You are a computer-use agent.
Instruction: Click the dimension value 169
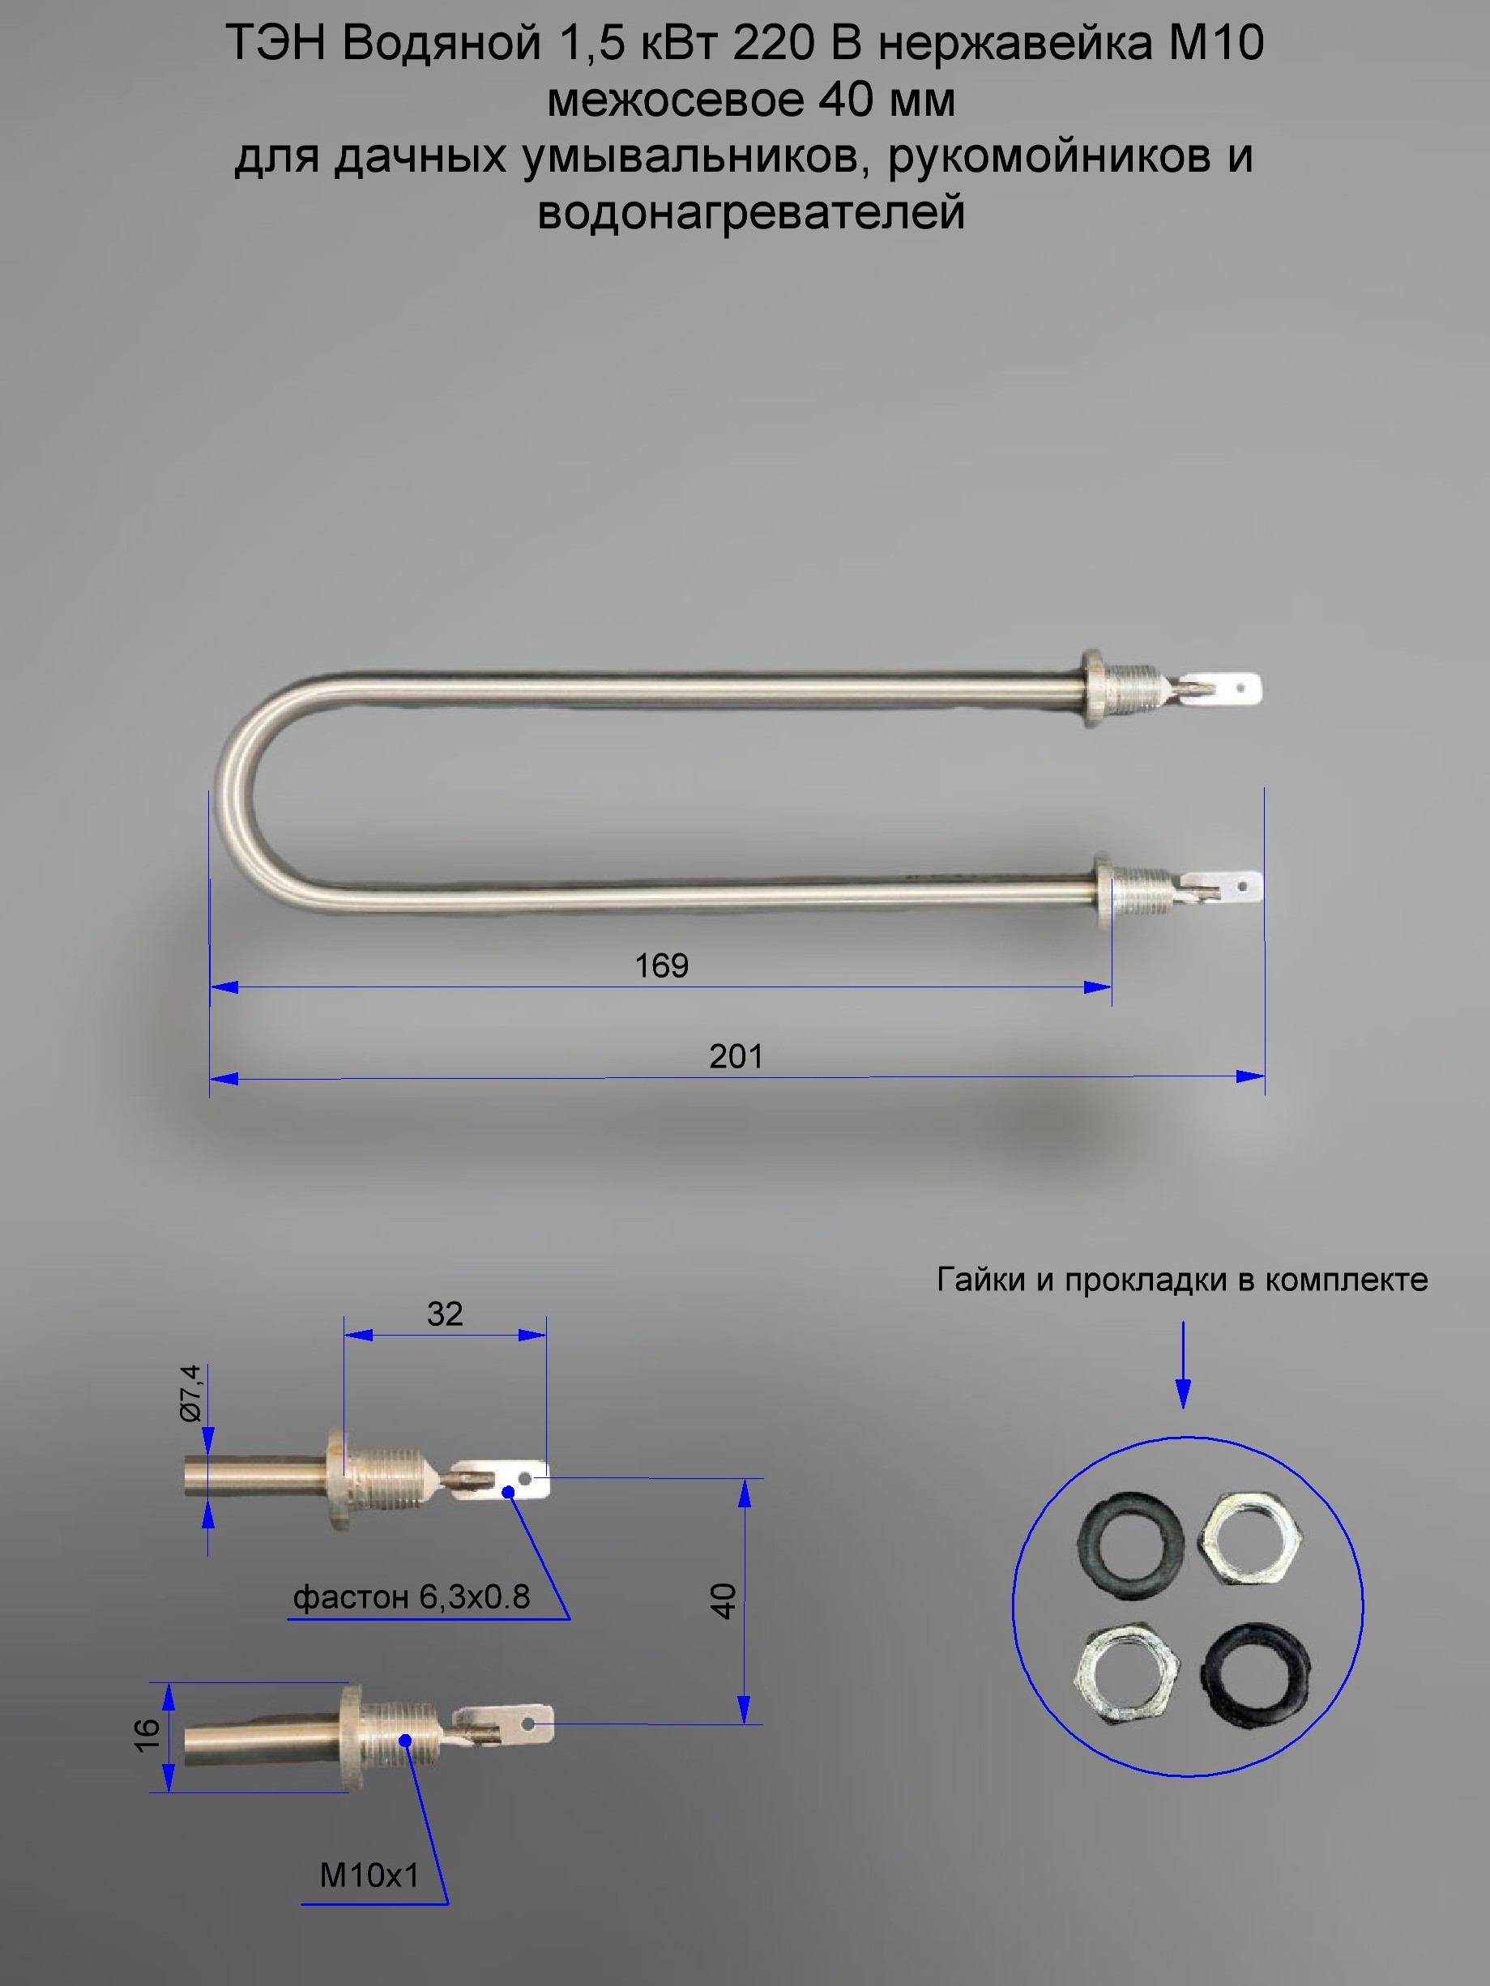[x=661, y=966]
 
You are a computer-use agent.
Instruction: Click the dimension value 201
[x=736, y=1057]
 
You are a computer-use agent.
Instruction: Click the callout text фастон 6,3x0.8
[x=412, y=1597]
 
